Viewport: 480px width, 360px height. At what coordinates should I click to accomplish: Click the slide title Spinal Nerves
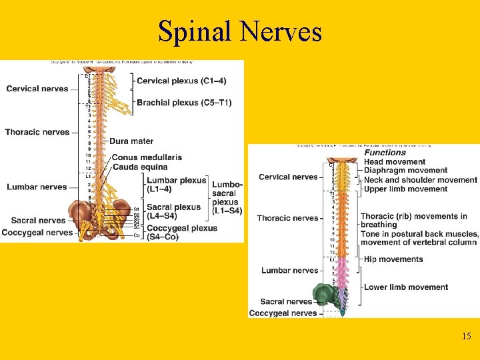click(x=240, y=31)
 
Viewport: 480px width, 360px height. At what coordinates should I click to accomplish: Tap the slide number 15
click(x=466, y=336)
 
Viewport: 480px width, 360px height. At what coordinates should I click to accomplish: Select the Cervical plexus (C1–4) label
click(x=181, y=81)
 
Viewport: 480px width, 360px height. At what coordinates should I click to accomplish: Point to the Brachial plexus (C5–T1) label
click(x=184, y=103)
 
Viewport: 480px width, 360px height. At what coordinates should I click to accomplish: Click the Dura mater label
click(x=131, y=141)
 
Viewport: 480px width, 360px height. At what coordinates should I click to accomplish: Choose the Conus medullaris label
click(x=147, y=157)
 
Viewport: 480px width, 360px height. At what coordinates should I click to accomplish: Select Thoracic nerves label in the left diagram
click(x=37, y=132)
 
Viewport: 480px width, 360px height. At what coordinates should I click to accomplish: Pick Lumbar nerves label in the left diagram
click(x=37, y=187)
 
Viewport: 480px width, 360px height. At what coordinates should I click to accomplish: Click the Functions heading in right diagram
click(x=385, y=153)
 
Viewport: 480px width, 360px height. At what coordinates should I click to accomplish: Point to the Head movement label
click(x=395, y=162)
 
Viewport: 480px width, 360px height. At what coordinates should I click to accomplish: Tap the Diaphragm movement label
click(x=405, y=171)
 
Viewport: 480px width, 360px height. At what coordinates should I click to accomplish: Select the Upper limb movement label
click(x=405, y=189)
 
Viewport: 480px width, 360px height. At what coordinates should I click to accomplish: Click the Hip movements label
click(x=393, y=259)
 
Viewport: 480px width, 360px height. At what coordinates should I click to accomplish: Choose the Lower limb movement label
click(x=405, y=287)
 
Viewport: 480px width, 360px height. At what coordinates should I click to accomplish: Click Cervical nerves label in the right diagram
click(x=288, y=177)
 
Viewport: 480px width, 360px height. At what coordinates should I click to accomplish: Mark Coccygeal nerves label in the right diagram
click(x=283, y=313)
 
